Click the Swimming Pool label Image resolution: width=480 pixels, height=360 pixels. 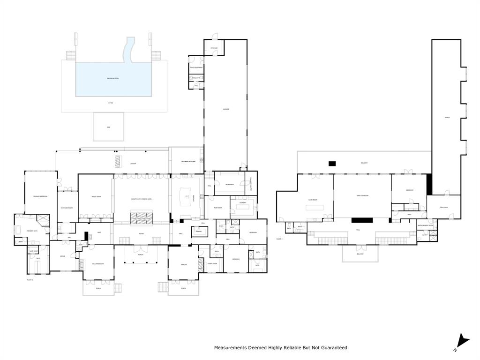coord(113,78)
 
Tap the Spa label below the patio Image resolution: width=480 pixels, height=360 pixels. coord(108,127)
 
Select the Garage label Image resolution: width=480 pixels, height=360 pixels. coord(225,110)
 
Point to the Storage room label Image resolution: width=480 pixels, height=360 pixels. coord(214,48)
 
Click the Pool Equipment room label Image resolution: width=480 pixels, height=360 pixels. coord(196,67)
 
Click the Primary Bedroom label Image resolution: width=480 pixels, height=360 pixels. coord(40,196)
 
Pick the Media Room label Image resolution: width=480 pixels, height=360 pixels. coord(96,196)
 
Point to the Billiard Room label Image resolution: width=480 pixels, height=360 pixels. coord(98,264)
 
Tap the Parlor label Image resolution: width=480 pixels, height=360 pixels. coord(184,265)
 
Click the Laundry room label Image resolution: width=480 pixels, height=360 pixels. coord(242,202)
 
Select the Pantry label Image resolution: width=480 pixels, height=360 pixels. coord(198,232)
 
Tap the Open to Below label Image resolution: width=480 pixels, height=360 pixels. coord(362,195)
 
